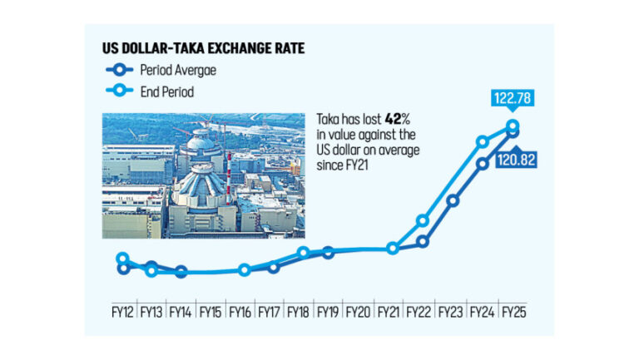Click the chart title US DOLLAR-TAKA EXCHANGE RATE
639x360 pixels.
coord(202,49)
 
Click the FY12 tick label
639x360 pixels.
coord(123,313)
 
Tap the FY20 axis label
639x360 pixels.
coord(358,313)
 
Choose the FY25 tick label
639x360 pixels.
coord(512,313)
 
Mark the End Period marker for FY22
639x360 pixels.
coord(423,220)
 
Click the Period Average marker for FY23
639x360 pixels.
coord(453,200)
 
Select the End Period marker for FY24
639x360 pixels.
coord(483,142)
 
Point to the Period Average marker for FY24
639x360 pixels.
coord(483,164)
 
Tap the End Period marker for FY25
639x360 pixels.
coord(513,126)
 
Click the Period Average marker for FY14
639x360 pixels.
coord(181,272)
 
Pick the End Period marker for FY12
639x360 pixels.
coord(122,259)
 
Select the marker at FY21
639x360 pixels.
coord(393,249)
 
